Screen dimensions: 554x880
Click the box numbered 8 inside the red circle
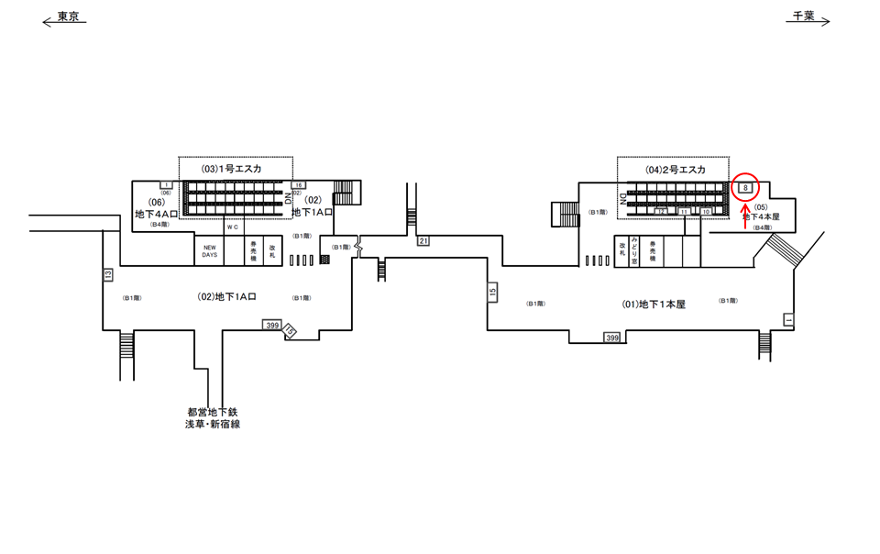pyautogui.click(x=746, y=188)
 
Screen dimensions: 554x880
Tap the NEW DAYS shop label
pyautogui.click(x=210, y=251)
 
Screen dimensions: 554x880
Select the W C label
pyautogui.click(x=233, y=227)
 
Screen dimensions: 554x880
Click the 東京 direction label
pyautogui.click(x=68, y=17)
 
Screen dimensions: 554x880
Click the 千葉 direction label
pyautogui.click(x=804, y=17)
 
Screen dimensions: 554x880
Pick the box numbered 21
pyautogui.click(x=423, y=240)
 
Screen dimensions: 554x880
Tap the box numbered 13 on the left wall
pyautogui.click(x=107, y=273)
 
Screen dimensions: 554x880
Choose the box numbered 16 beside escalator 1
pyautogui.click(x=298, y=185)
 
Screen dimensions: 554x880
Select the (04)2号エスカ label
pyautogui.click(x=675, y=170)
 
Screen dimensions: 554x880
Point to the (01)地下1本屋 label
pyautogui.click(x=654, y=304)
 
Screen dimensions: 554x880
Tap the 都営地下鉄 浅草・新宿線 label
pyautogui.click(x=214, y=418)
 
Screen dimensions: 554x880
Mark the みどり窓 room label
pyautogui.click(x=633, y=249)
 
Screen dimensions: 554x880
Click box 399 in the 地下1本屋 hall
pyautogui.click(x=612, y=338)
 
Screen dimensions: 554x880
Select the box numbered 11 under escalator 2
pyautogui.click(x=684, y=212)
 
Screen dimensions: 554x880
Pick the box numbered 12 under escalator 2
pyautogui.click(x=662, y=212)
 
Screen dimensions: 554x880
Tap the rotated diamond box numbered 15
pyautogui.click(x=291, y=330)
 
